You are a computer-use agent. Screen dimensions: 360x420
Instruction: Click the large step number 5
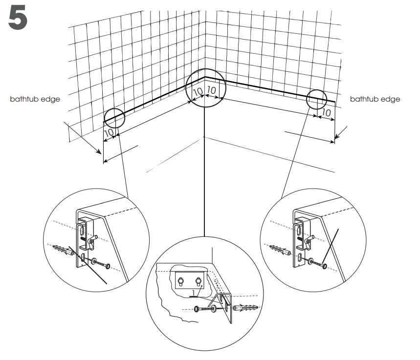coord(18,18)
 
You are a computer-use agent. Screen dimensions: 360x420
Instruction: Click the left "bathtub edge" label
coord(35,99)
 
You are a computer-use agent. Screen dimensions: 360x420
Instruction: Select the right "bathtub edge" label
coord(375,99)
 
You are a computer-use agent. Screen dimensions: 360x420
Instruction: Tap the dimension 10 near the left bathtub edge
coord(109,132)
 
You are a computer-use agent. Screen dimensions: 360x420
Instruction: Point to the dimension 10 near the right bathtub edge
coord(327,113)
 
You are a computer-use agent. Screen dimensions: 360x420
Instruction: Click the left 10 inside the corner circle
coord(198,92)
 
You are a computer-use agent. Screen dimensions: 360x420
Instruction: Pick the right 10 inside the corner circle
coord(212,90)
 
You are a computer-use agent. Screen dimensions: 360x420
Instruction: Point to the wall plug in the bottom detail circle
coord(249,309)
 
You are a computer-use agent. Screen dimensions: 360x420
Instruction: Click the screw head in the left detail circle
coord(108,267)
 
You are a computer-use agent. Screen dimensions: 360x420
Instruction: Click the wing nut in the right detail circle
coord(309,239)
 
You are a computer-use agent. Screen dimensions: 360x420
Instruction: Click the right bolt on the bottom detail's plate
coord(199,280)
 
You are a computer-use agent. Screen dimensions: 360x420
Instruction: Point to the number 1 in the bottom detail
coord(194,292)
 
